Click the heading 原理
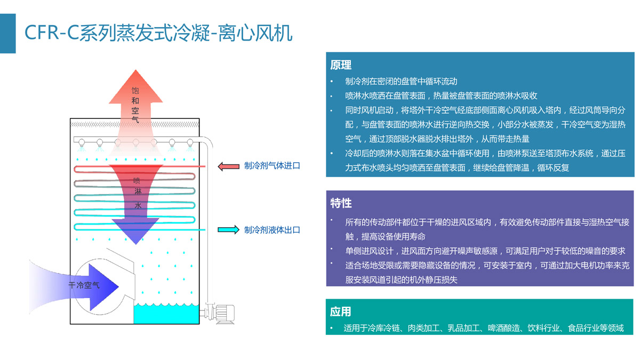point(341,65)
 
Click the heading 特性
point(341,203)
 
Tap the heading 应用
point(341,311)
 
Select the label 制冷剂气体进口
point(272,166)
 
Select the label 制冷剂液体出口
point(272,230)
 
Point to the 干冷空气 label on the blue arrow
point(84,285)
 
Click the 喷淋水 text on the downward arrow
point(137,193)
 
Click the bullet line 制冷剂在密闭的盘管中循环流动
point(401,82)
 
